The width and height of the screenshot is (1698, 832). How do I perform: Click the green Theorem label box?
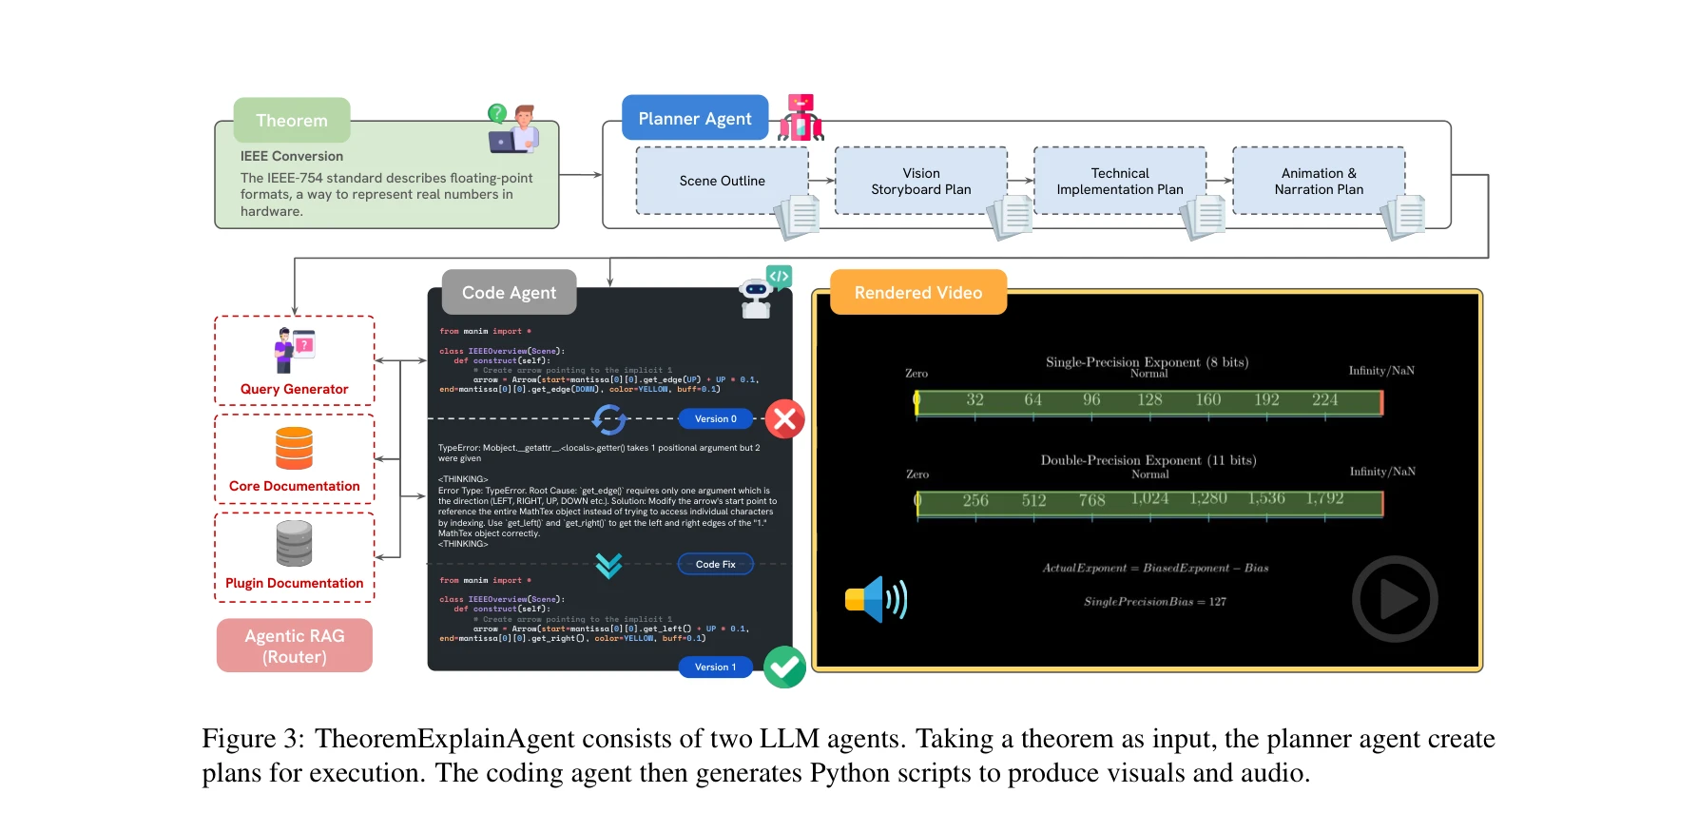click(x=292, y=121)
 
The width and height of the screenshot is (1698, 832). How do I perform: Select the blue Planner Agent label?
click(x=695, y=119)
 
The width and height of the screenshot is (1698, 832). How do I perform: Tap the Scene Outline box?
click(x=722, y=181)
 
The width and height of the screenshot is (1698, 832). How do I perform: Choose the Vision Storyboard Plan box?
click(x=920, y=181)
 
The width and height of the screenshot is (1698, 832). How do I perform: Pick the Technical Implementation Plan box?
click(x=1119, y=181)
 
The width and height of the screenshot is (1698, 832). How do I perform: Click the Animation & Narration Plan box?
click(x=1319, y=181)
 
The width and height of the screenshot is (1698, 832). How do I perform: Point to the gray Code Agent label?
click(x=509, y=293)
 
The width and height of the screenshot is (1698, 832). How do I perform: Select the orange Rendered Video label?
click(x=917, y=293)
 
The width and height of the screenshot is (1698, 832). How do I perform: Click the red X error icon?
click(x=785, y=418)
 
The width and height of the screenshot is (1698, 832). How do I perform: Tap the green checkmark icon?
click(x=785, y=667)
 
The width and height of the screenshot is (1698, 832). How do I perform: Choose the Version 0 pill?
click(x=715, y=418)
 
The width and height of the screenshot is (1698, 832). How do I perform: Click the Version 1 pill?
click(x=715, y=667)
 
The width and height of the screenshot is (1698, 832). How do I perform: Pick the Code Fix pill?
click(x=715, y=564)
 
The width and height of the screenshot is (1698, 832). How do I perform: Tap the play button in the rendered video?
click(x=1395, y=599)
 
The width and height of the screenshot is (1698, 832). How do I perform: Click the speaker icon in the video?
click(x=876, y=599)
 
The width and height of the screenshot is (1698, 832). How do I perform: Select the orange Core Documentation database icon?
click(x=294, y=448)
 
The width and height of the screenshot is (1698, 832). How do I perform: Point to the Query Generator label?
click(x=294, y=389)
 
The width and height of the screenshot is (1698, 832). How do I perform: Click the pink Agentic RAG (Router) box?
click(x=295, y=646)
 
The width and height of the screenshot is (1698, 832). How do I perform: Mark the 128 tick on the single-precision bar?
click(x=1149, y=400)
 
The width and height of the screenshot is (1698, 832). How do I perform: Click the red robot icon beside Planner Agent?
click(x=801, y=118)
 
